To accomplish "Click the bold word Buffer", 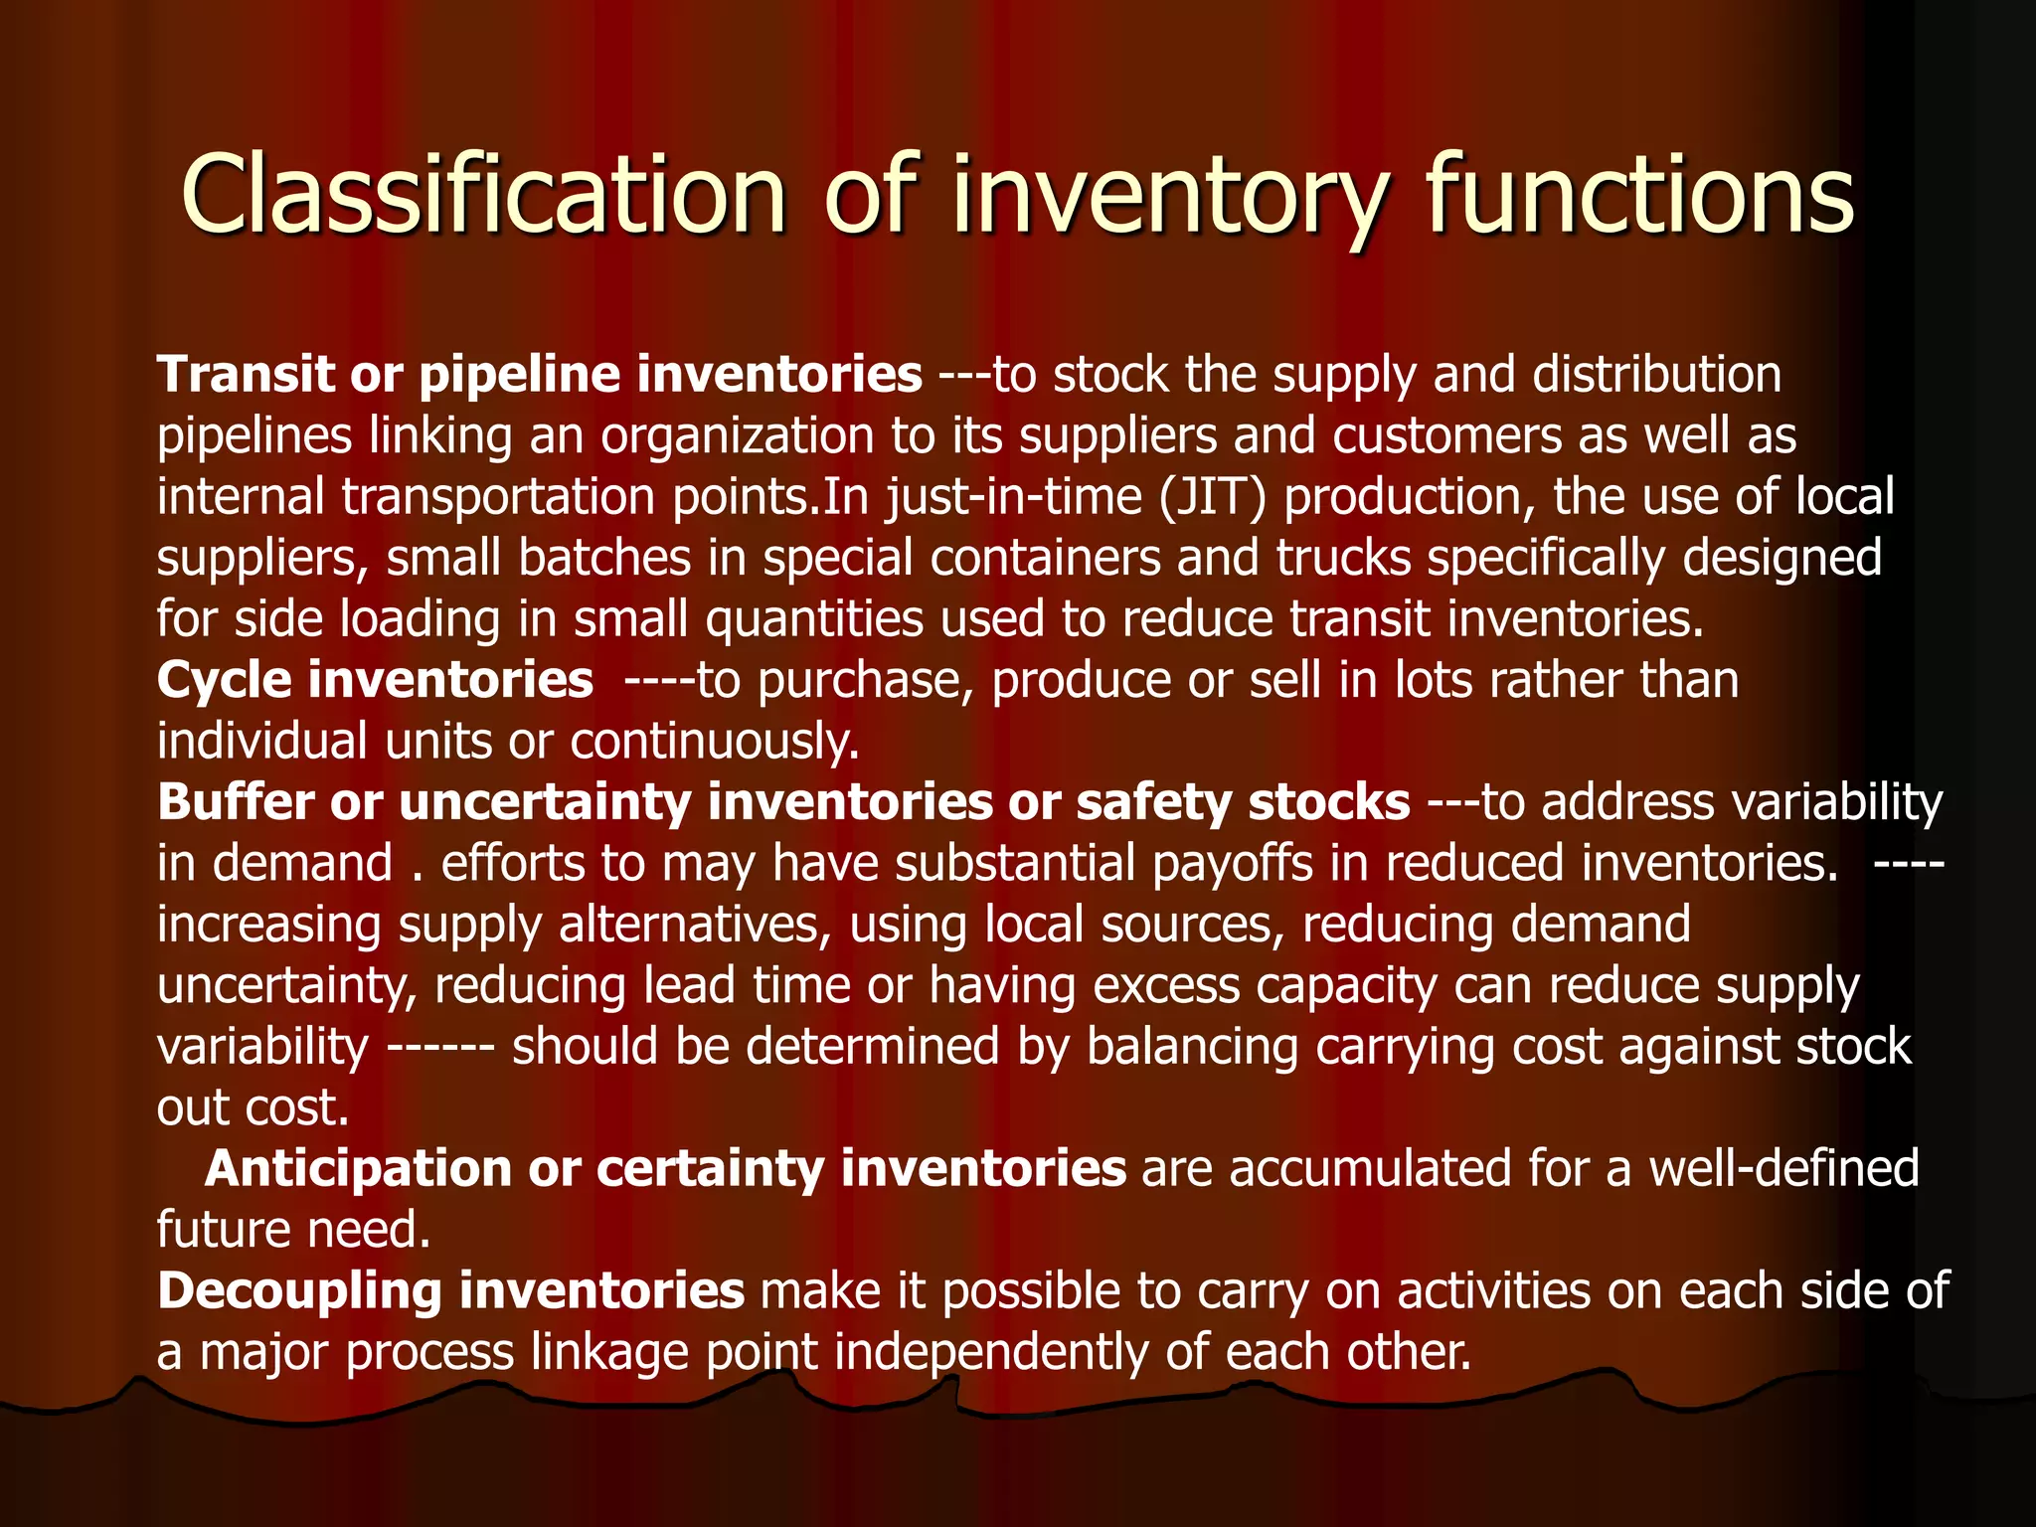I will (x=236, y=802).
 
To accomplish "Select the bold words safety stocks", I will (x=1243, y=802).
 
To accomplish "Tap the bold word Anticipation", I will (x=358, y=1168).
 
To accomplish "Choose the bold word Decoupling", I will (x=299, y=1290).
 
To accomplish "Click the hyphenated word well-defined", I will (x=1783, y=1168).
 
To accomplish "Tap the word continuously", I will (x=714, y=742).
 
